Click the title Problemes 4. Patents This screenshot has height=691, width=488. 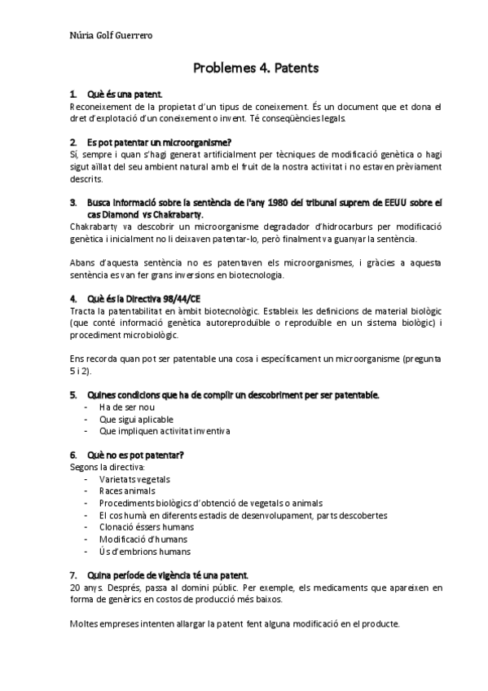255,68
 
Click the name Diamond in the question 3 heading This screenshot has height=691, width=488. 118,213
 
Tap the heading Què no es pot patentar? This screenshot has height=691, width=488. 134,454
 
